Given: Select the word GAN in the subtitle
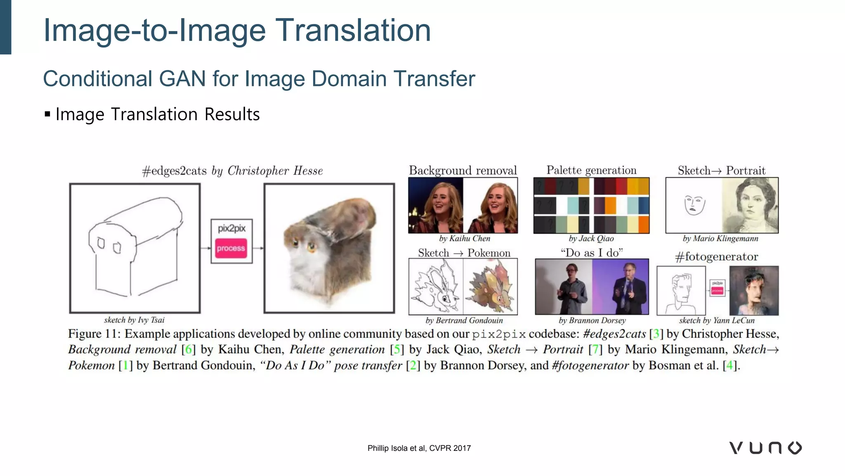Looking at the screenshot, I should (182, 79).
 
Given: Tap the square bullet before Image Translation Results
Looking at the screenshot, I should (47, 114).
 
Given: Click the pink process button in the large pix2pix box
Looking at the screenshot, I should (231, 248).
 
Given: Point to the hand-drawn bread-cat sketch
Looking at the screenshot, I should (135, 248).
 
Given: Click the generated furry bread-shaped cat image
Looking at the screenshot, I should (329, 248).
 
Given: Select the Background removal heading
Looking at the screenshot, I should (463, 170).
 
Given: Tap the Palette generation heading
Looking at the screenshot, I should (591, 170).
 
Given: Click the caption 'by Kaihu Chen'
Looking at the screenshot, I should (465, 238).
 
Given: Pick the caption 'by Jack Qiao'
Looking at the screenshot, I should (591, 238).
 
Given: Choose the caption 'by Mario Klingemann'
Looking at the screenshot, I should (720, 238).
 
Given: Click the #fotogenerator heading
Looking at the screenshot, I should (716, 257).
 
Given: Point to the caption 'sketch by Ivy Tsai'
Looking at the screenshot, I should (134, 320).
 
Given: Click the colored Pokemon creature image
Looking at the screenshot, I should (490, 286).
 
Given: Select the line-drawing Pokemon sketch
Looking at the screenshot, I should (436, 286).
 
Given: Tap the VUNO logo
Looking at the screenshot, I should (765, 448).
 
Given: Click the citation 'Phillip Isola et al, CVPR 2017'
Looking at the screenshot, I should (419, 448).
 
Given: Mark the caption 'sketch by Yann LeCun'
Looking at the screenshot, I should (717, 320).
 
